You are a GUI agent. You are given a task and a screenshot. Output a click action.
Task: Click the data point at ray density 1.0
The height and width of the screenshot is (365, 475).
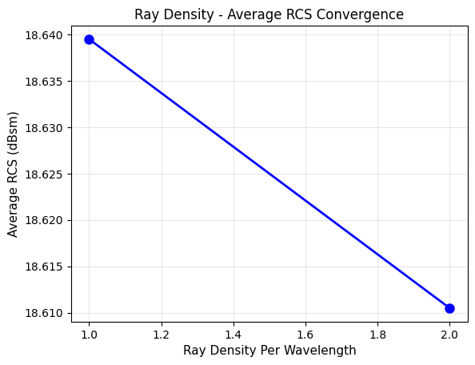pyautogui.click(x=89, y=39)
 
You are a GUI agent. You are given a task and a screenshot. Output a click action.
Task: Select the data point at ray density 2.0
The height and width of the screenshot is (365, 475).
pyautogui.click(x=449, y=308)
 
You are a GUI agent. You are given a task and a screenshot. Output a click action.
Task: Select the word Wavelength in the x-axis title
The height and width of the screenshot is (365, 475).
pyautogui.click(x=321, y=351)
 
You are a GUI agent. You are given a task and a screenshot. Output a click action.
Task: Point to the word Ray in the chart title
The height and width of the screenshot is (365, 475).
pyautogui.click(x=146, y=14)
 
